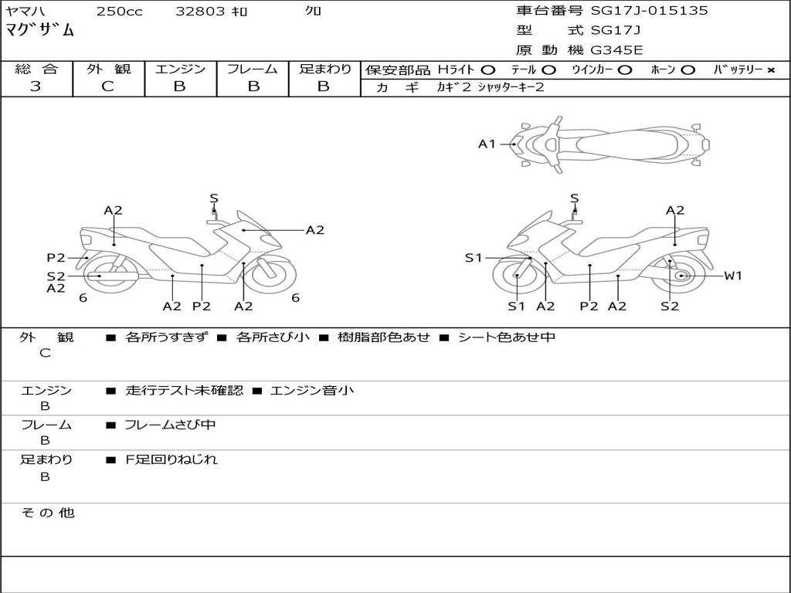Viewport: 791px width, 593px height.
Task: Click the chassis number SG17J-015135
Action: [x=649, y=11]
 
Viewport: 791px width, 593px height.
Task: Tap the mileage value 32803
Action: [x=200, y=11]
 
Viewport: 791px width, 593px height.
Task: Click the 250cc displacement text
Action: [x=120, y=11]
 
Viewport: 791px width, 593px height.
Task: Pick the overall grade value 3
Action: [x=36, y=86]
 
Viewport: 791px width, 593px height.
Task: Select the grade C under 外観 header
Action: [x=107, y=86]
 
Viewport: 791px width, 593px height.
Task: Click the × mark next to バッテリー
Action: [x=771, y=70]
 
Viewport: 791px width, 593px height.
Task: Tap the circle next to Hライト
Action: [x=488, y=70]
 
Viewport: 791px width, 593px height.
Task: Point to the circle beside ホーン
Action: [x=687, y=70]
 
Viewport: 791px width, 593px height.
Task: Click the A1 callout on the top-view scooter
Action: [x=487, y=144]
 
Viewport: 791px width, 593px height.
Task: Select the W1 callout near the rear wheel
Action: [x=733, y=276]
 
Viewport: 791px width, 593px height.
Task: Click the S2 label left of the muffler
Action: [x=56, y=276]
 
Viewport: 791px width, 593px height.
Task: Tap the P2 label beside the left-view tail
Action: [x=56, y=258]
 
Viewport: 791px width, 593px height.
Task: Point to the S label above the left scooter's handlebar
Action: [x=214, y=198]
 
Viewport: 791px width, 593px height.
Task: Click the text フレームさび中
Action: [x=170, y=425]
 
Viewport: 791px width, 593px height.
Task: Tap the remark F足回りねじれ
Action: [x=171, y=459]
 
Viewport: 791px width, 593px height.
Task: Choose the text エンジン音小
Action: [x=312, y=390]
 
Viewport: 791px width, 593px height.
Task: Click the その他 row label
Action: [x=47, y=513]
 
